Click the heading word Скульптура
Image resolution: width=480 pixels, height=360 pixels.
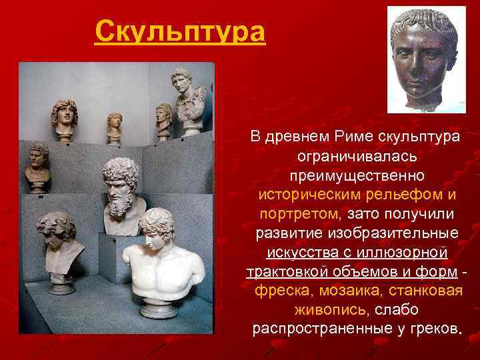[179, 31]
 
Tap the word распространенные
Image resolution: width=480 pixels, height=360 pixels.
[321, 330]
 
